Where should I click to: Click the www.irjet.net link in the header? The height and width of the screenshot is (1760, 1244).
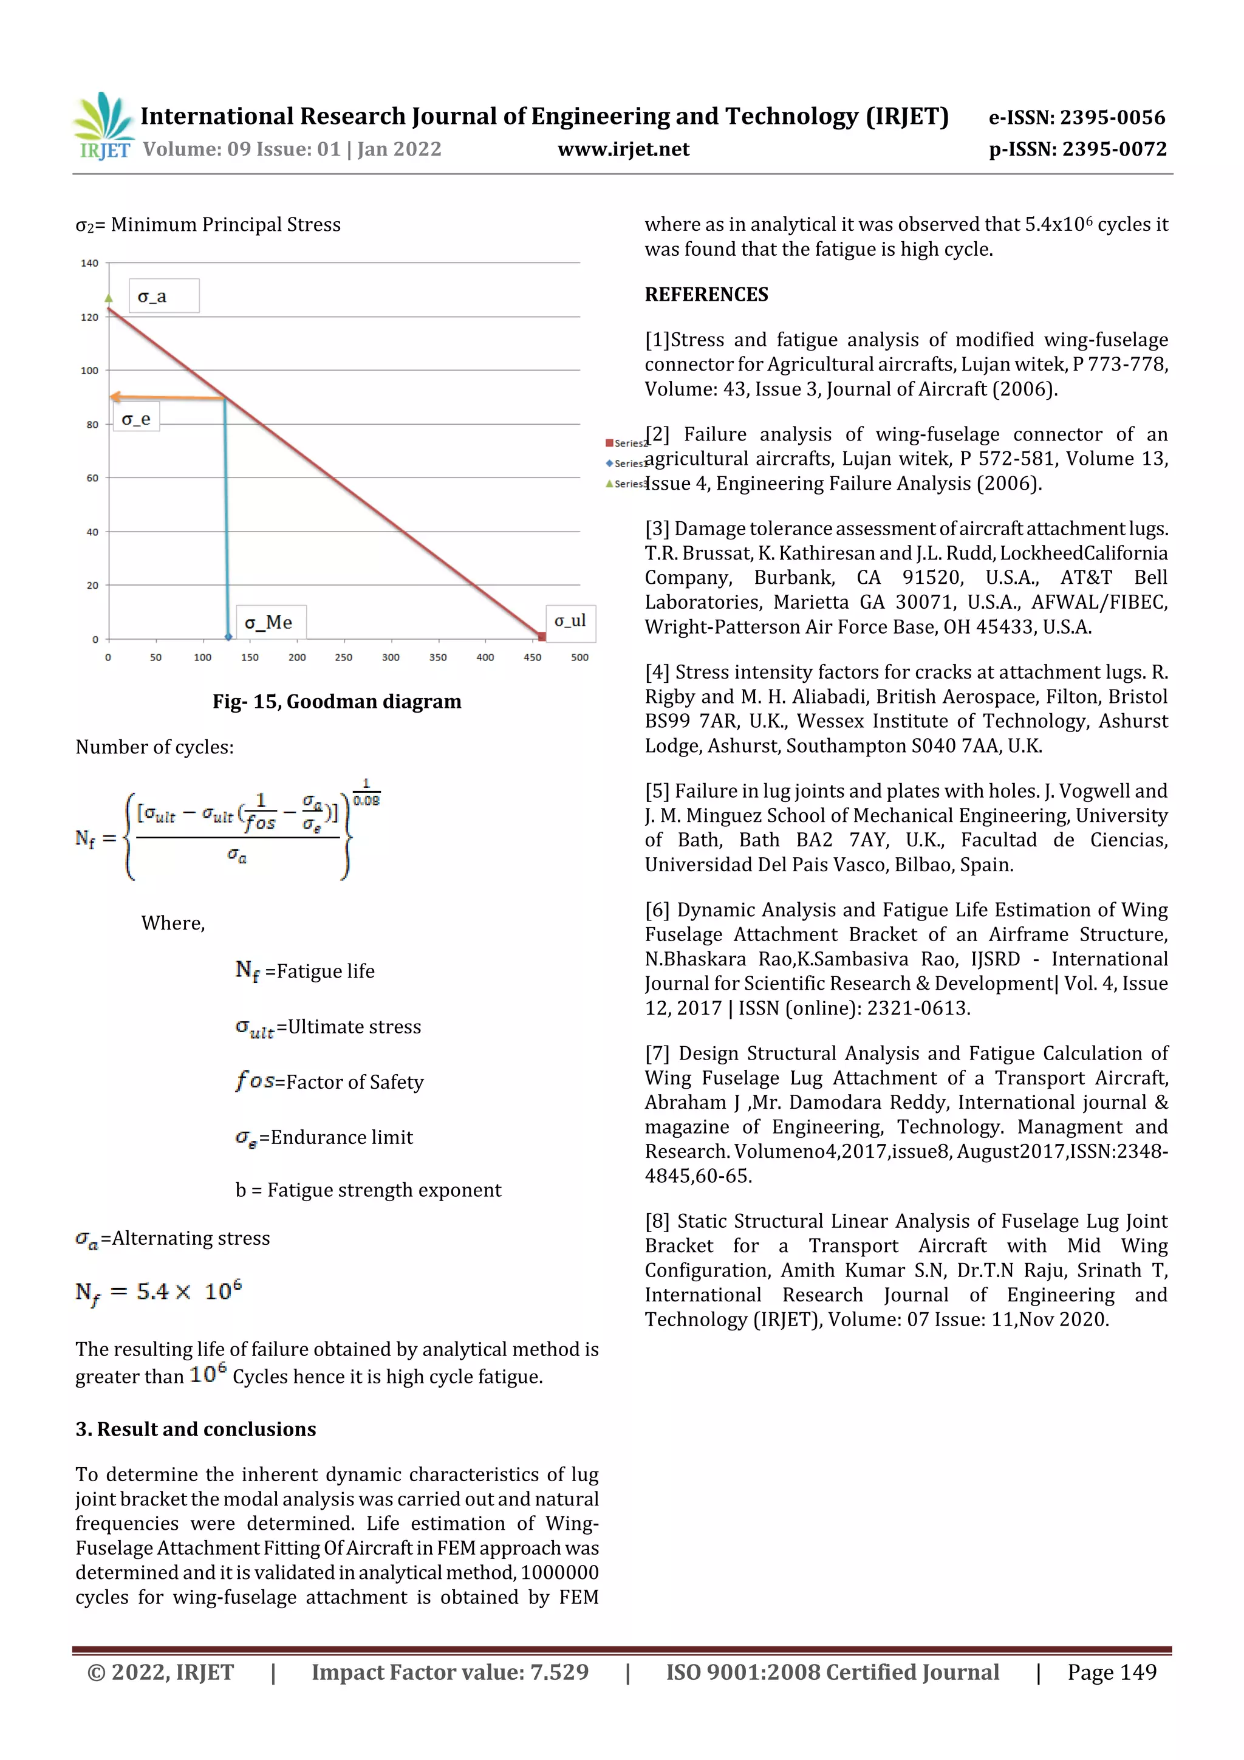[623, 149]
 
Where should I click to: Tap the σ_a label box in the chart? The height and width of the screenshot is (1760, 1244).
[164, 296]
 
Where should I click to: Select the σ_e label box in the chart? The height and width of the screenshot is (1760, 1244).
[137, 419]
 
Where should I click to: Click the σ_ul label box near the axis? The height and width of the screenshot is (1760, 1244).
[570, 620]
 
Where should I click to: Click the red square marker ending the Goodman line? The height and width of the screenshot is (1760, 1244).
[542, 636]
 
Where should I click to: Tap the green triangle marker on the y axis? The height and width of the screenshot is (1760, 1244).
[109, 298]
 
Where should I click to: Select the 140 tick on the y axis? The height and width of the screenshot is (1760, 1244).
[90, 263]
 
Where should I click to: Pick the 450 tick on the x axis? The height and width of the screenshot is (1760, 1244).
[532, 657]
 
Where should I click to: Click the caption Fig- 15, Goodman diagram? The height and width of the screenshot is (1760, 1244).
[337, 702]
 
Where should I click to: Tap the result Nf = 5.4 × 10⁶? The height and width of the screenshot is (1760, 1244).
[159, 1292]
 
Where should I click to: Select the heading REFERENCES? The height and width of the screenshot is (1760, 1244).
[706, 295]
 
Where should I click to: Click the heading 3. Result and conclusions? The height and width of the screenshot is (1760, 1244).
[196, 1429]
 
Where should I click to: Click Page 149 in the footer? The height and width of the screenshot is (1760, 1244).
[1112, 1672]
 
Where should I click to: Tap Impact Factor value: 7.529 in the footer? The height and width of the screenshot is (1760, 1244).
[450, 1672]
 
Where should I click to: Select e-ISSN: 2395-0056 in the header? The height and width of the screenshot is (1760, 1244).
[1076, 117]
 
